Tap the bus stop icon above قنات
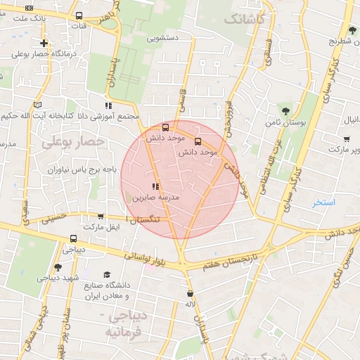click(77, 15)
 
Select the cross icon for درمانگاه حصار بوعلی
click(44, 43)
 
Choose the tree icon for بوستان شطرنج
click(352, 30)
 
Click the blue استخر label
click(324, 202)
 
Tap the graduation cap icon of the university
click(107, 275)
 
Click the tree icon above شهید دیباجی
click(57, 267)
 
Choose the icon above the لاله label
click(190, 292)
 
